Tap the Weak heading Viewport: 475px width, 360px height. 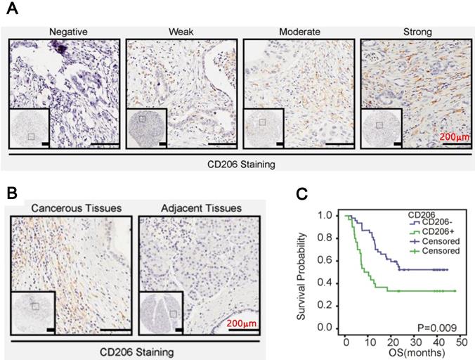pos(181,32)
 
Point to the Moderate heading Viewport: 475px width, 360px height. pos(298,32)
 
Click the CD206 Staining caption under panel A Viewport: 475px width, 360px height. pos(237,165)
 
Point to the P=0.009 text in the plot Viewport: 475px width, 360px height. pos(441,327)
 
